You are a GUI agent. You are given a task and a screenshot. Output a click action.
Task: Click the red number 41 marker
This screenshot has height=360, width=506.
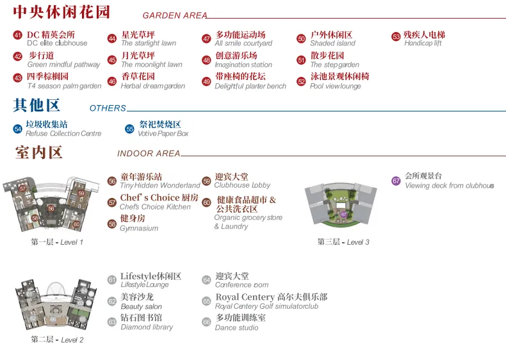17,35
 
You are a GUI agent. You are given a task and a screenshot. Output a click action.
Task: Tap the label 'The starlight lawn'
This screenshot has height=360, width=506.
149,44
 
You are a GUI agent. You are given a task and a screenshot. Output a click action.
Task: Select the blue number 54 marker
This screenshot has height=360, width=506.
17,129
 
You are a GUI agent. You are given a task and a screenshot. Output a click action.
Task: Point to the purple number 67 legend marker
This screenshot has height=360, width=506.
396,181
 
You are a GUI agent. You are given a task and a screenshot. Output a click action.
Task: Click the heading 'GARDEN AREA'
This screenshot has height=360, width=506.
175,15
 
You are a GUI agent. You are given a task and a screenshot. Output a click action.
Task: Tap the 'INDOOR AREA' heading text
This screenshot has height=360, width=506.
149,154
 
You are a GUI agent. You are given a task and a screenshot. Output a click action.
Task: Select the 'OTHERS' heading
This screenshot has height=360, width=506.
108,108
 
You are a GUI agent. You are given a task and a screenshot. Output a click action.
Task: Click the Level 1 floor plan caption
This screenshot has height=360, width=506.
57,242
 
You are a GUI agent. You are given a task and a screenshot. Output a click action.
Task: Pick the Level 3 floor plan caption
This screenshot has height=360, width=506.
343,242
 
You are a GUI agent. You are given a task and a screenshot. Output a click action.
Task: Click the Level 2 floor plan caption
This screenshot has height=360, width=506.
57,340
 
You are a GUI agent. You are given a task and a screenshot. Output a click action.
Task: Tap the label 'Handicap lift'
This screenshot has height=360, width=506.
423,44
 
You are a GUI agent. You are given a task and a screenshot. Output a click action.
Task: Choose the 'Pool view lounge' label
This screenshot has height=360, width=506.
336,86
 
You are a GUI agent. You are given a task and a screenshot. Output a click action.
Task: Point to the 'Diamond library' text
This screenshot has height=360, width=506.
147,327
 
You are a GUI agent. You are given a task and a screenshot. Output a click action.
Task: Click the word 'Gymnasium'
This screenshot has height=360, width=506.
139,228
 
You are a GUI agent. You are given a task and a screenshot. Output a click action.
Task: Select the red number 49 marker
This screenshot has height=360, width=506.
206,81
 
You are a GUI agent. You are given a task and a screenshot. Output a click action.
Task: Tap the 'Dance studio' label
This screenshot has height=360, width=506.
237,327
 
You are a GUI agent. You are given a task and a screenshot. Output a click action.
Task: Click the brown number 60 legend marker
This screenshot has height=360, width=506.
206,202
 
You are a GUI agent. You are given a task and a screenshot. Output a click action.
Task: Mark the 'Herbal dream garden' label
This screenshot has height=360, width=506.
153,86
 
